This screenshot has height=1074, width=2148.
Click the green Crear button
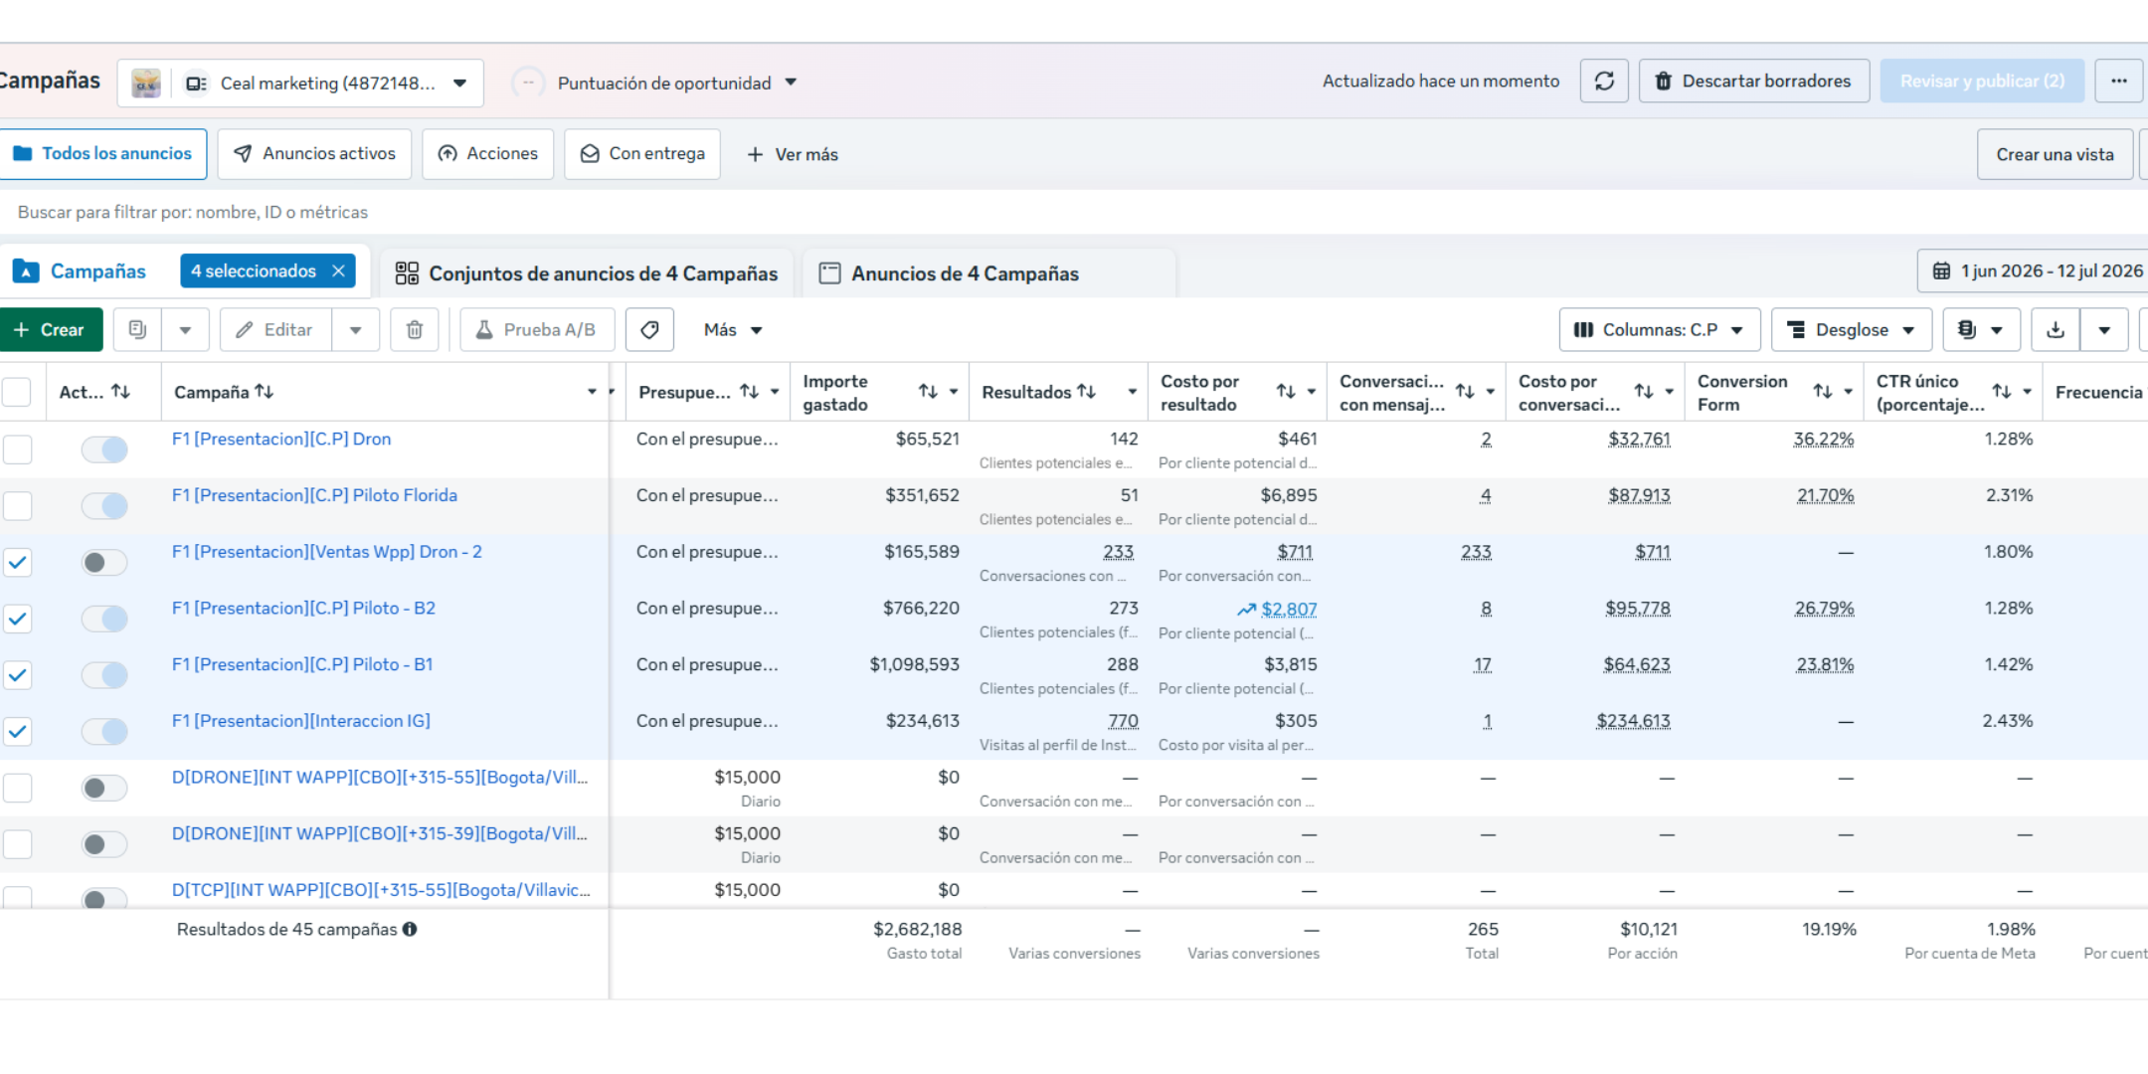pyautogui.click(x=50, y=330)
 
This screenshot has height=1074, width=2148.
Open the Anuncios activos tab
pyautogui.click(x=314, y=154)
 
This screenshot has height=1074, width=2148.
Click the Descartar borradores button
pyautogui.click(x=1754, y=82)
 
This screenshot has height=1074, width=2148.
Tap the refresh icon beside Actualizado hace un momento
pyautogui.click(x=1604, y=82)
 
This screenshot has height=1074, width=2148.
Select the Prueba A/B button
pyautogui.click(x=537, y=330)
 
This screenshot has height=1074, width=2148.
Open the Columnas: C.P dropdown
pyautogui.click(x=1660, y=330)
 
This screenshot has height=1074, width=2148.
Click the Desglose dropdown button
pyautogui.click(x=1852, y=330)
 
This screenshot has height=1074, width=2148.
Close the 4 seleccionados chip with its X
pyautogui.click(x=339, y=271)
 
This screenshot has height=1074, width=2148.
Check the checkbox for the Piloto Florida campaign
pyautogui.click(x=17, y=506)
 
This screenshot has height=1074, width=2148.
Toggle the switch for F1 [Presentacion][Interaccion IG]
pyautogui.click(x=104, y=732)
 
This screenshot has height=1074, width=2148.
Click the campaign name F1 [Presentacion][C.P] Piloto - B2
pyautogui.click(x=303, y=609)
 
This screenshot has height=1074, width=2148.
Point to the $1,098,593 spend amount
pyautogui.click(x=915, y=664)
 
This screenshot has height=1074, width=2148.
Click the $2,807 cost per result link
pyautogui.click(x=1289, y=610)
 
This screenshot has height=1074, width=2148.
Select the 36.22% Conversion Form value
pyautogui.click(x=1824, y=440)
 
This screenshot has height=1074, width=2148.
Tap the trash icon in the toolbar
pyautogui.click(x=415, y=330)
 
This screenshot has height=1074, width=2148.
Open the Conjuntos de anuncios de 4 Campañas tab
pyautogui.click(x=587, y=273)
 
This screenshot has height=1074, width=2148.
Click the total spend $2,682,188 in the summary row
pyautogui.click(x=918, y=930)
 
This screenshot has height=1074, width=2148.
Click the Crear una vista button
pyautogui.click(x=2055, y=154)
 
